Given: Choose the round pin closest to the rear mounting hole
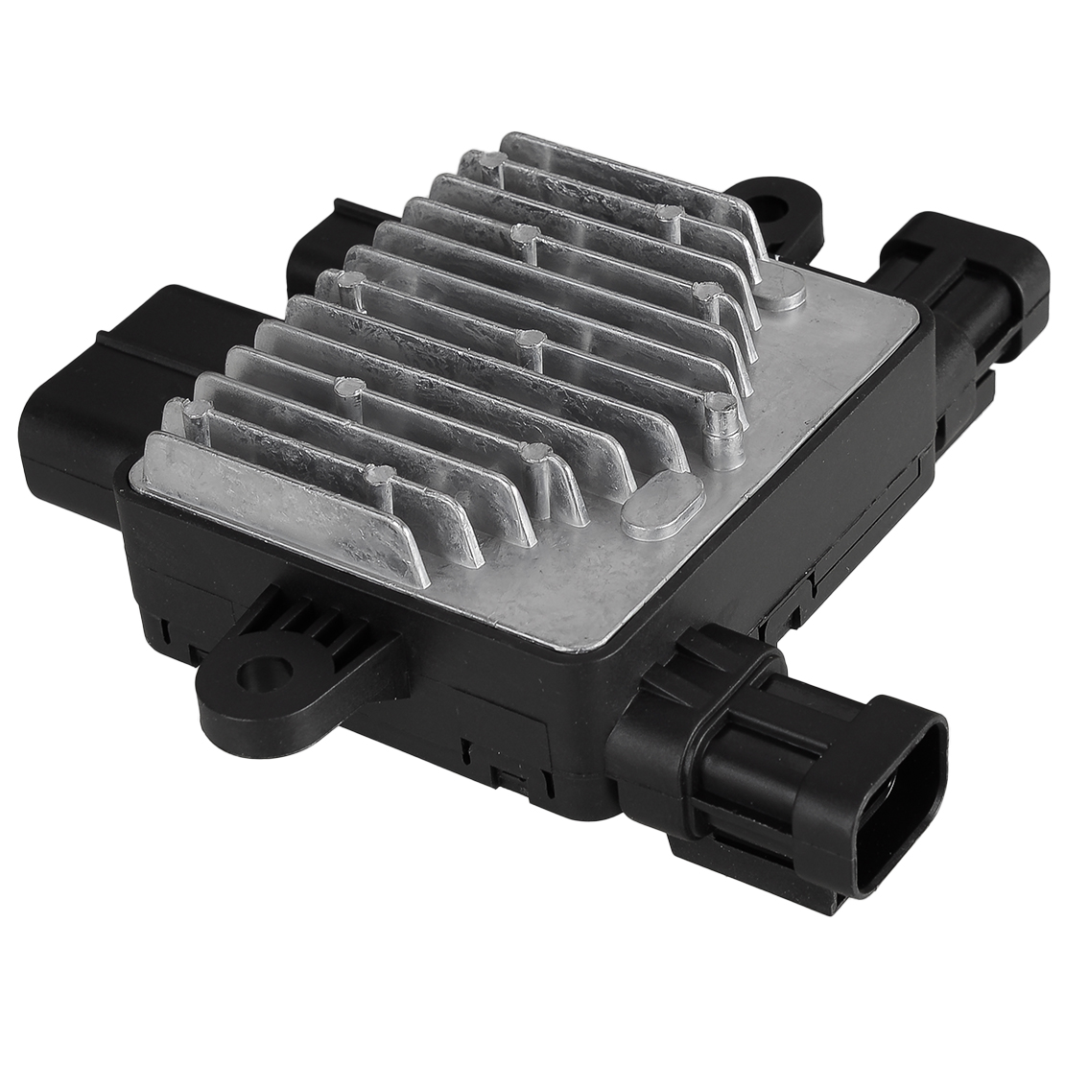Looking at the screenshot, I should [671, 217].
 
